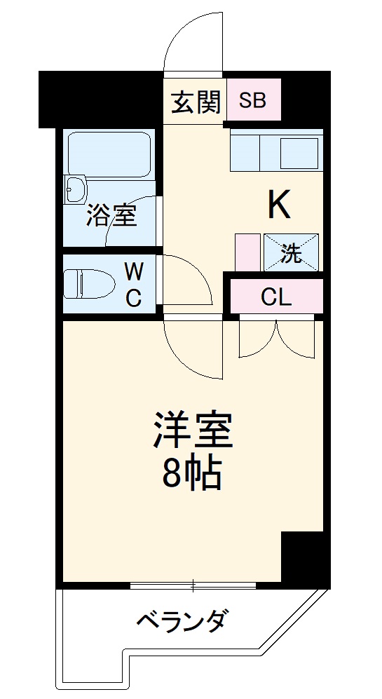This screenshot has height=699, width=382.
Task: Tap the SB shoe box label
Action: click(x=253, y=100)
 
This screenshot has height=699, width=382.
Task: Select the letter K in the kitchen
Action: click(x=278, y=205)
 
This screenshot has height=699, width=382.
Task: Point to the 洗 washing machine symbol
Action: click(x=291, y=252)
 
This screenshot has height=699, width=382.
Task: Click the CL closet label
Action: click(x=275, y=297)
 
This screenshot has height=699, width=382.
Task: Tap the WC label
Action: click(x=133, y=285)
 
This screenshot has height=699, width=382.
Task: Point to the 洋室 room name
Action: click(x=192, y=430)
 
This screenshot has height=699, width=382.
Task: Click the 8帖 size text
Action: click(x=192, y=476)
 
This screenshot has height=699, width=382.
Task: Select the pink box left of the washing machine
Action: click(x=247, y=252)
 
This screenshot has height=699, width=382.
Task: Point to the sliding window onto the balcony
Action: click(x=193, y=585)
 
